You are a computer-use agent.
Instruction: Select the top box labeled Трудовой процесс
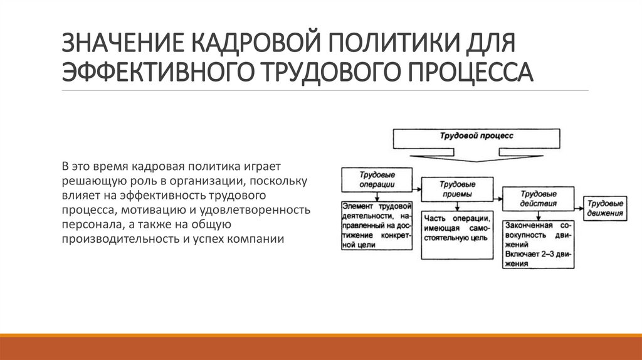point(476,137)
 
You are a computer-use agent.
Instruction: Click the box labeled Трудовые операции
point(377,179)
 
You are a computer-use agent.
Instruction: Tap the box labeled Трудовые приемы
point(457,189)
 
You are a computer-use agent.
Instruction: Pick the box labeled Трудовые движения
point(606,208)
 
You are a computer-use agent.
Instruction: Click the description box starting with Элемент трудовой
point(377,226)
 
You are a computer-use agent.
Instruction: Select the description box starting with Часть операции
point(457,235)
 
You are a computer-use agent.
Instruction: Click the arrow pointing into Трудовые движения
point(579,205)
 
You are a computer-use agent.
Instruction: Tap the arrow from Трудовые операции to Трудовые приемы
point(417,184)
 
